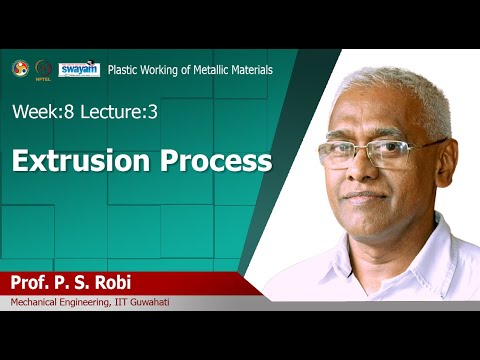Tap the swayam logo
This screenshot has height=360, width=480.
79,69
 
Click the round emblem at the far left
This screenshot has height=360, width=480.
19,68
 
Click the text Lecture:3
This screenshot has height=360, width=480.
116,112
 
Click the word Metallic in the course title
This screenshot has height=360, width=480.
209,70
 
